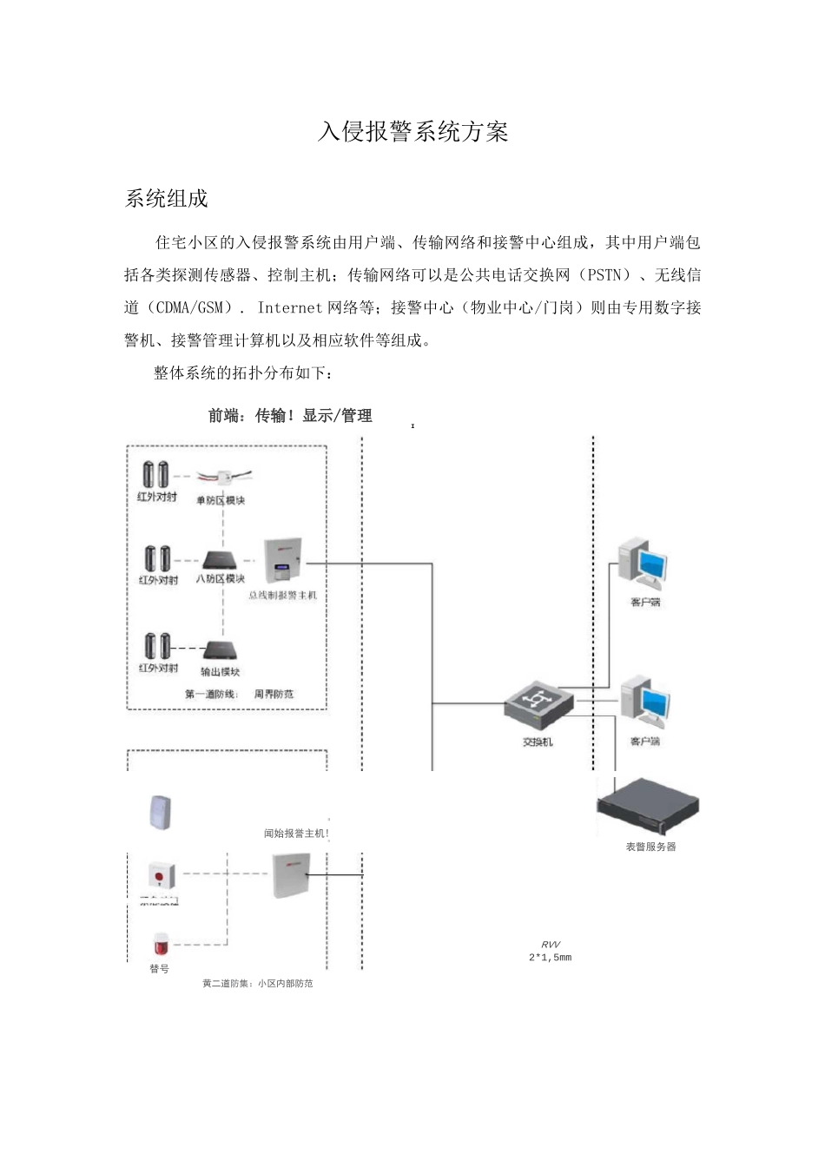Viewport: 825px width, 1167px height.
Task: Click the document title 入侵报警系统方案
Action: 412,132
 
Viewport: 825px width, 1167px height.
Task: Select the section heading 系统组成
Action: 167,199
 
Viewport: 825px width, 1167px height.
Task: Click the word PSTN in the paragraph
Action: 604,275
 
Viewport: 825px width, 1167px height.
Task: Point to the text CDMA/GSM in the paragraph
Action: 190,307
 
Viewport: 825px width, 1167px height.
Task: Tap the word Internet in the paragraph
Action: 291,307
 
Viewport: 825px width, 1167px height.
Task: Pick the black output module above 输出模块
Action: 220,650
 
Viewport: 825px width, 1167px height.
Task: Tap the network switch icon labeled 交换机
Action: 538,706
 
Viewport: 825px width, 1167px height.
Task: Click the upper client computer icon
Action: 643,564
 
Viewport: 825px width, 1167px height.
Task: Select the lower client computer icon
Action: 643,703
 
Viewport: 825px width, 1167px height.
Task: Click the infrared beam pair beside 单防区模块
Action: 156,475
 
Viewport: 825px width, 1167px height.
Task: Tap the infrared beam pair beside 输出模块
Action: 157,646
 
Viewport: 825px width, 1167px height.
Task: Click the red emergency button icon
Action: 160,874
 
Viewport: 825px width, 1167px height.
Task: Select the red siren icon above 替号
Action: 160,945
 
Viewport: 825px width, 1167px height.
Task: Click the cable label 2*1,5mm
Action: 550,958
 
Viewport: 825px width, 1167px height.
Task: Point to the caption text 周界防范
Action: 274,694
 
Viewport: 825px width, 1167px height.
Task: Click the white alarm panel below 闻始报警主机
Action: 291,874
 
